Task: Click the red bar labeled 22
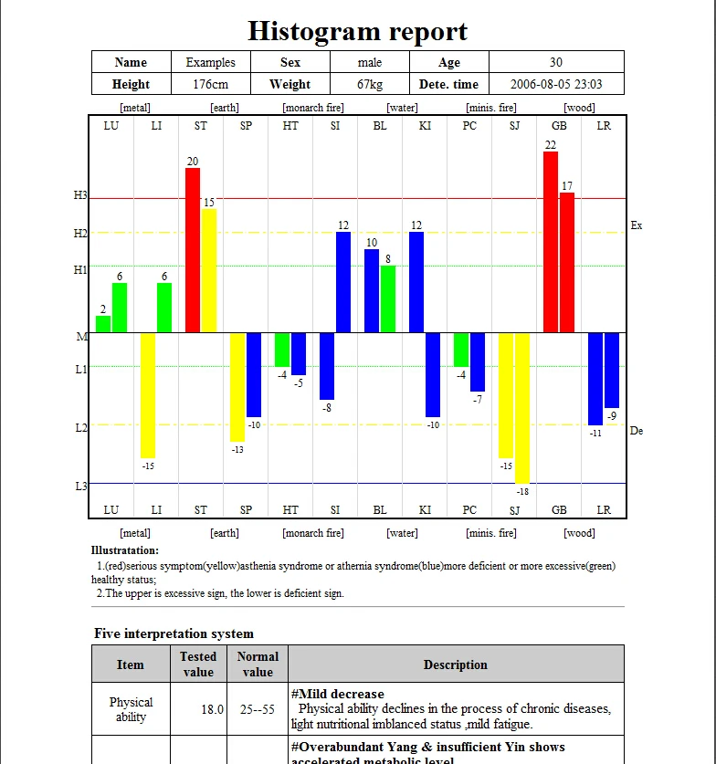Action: coord(551,242)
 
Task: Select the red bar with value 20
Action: coord(193,250)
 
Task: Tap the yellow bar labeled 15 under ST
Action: coord(209,270)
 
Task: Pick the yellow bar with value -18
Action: coord(522,407)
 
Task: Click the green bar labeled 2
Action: coord(103,324)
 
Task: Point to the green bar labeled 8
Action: coord(388,298)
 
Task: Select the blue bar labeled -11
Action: coord(595,378)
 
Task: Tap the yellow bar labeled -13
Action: coord(237,386)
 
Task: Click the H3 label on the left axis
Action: coord(80,195)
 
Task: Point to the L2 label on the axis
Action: coord(80,427)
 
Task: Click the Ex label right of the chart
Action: coord(637,225)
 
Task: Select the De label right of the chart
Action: coord(637,431)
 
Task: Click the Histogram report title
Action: coord(358,31)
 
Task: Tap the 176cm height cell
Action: coord(211,84)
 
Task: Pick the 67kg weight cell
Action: coord(370,84)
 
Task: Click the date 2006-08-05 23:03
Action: coord(555,84)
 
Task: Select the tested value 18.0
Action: coord(213,709)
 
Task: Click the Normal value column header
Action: coord(258,664)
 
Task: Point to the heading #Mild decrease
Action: coord(338,694)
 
